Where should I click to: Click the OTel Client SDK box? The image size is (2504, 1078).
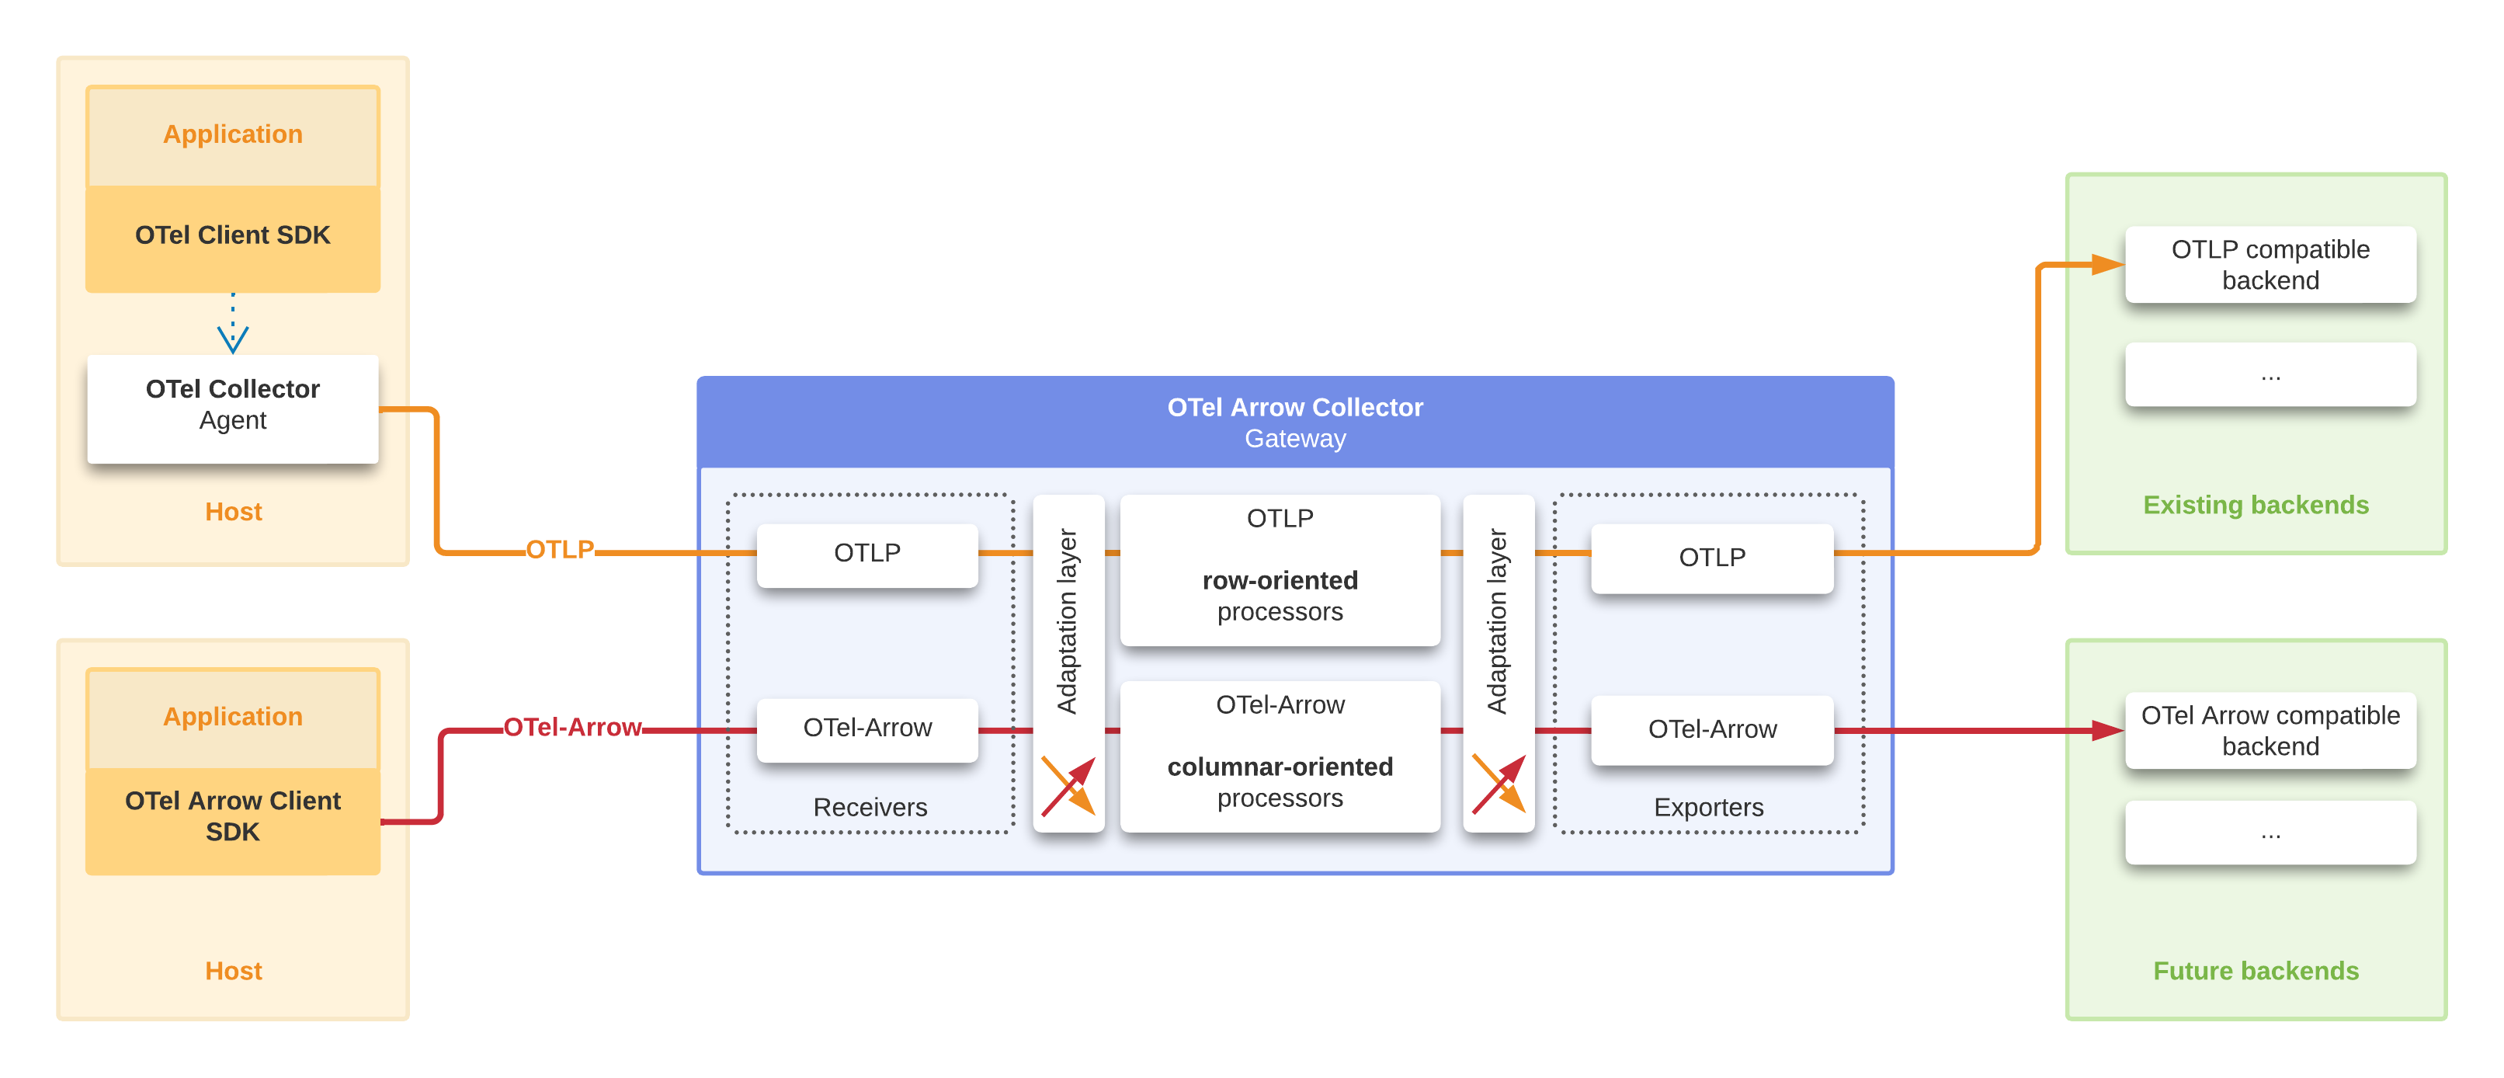pyautogui.click(x=232, y=236)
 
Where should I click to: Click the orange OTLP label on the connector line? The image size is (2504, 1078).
pyautogui.click(x=560, y=549)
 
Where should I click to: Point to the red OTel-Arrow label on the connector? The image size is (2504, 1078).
pyautogui.click(x=571, y=727)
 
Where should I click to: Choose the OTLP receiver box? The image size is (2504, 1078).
pyautogui.click(x=867, y=554)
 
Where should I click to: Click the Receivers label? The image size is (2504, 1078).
pyautogui.click(x=870, y=807)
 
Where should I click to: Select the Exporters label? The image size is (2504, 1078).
pyautogui.click(x=1708, y=807)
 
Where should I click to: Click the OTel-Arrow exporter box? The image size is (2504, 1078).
pyautogui.click(x=1712, y=729)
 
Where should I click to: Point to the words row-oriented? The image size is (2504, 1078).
pyautogui.click(x=1280, y=580)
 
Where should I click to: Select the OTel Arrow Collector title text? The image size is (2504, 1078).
pyautogui.click(x=1295, y=407)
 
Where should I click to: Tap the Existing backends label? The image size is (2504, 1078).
pyautogui.click(x=2256, y=505)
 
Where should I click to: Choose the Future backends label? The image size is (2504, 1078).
pyautogui.click(x=2256, y=970)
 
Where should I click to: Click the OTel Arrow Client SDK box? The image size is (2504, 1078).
pyautogui.click(x=232, y=816)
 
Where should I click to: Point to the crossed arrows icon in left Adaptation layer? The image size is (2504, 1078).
pyautogui.click(x=1068, y=785)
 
